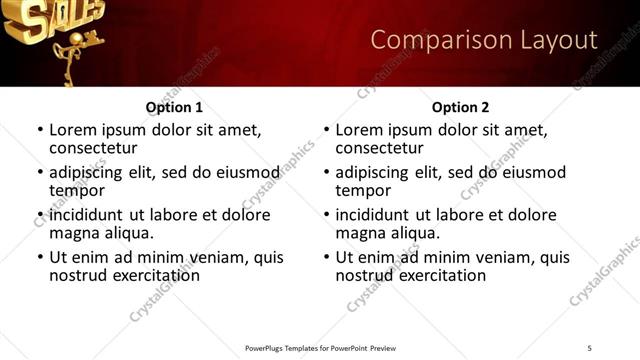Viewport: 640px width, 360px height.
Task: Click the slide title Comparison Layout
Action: click(x=484, y=40)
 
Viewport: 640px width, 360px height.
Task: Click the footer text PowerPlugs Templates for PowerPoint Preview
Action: click(x=320, y=348)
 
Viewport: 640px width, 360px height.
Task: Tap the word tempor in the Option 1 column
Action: click(x=77, y=190)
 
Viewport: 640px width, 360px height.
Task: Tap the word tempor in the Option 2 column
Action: click(x=363, y=190)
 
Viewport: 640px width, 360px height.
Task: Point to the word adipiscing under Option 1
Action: click(x=92, y=172)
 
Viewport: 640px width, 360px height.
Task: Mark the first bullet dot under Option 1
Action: click(x=39, y=130)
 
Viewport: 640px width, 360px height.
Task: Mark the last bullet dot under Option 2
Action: click(x=326, y=257)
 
